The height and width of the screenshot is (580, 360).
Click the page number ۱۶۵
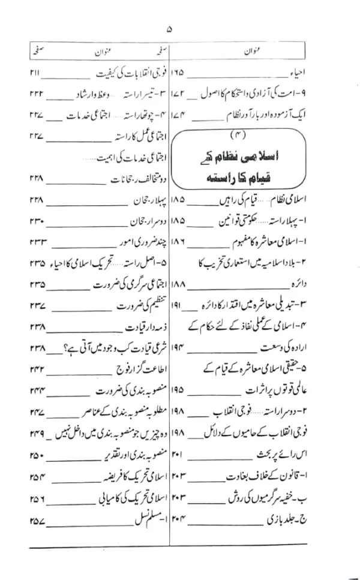coord(178,74)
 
